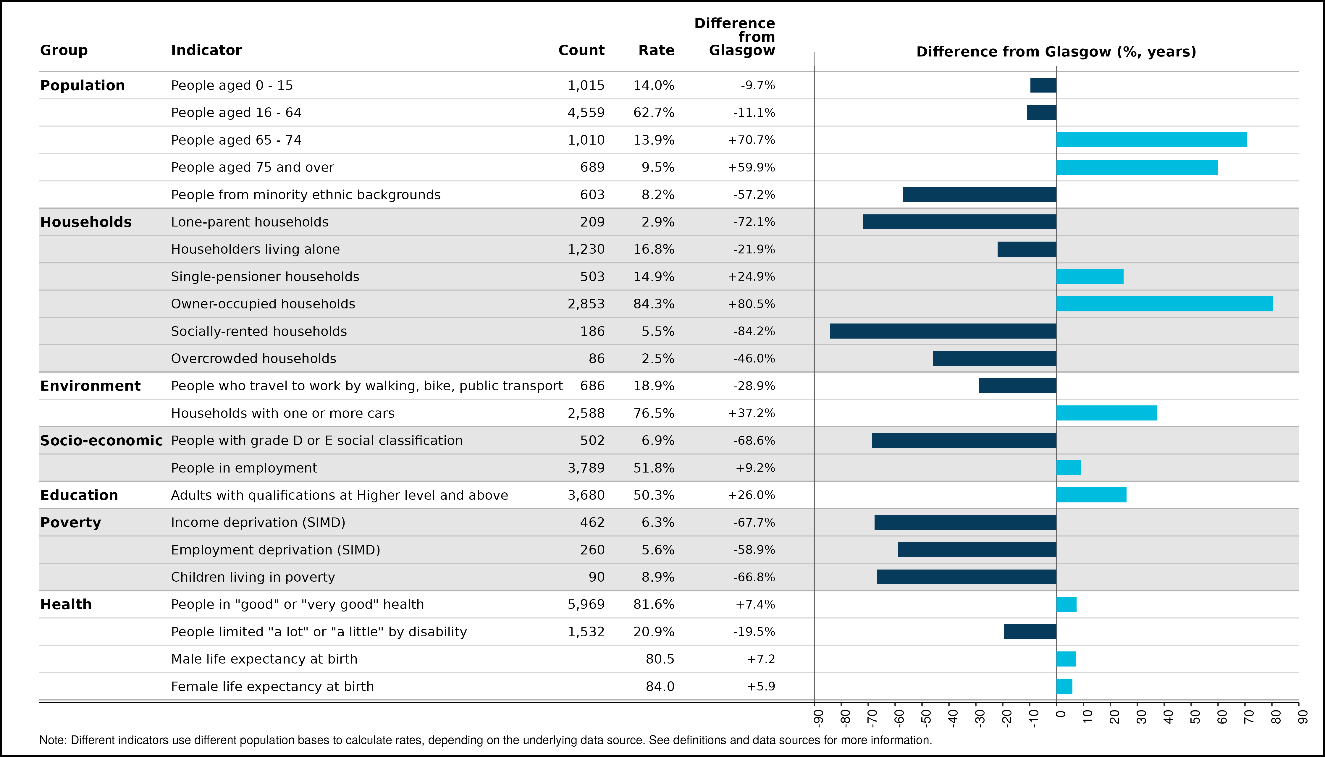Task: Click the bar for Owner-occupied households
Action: (x=1164, y=304)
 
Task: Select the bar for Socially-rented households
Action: (x=943, y=331)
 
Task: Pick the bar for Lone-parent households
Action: (x=959, y=222)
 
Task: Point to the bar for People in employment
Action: (x=1069, y=468)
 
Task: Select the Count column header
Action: (x=581, y=51)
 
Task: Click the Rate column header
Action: (x=656, y=51)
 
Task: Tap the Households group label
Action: (x=86, y=222)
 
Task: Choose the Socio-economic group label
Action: (x=101, y=440)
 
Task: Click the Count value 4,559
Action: (x=586, y=113)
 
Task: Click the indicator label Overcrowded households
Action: (x=254, y=359)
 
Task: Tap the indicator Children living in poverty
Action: (x=253, y=577)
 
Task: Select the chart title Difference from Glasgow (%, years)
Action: (x=1056, y=52)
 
